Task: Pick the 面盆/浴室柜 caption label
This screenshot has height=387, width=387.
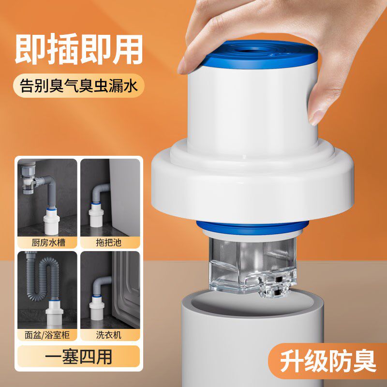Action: coord(47,333)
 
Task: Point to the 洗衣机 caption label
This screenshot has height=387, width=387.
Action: coord(110,333)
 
